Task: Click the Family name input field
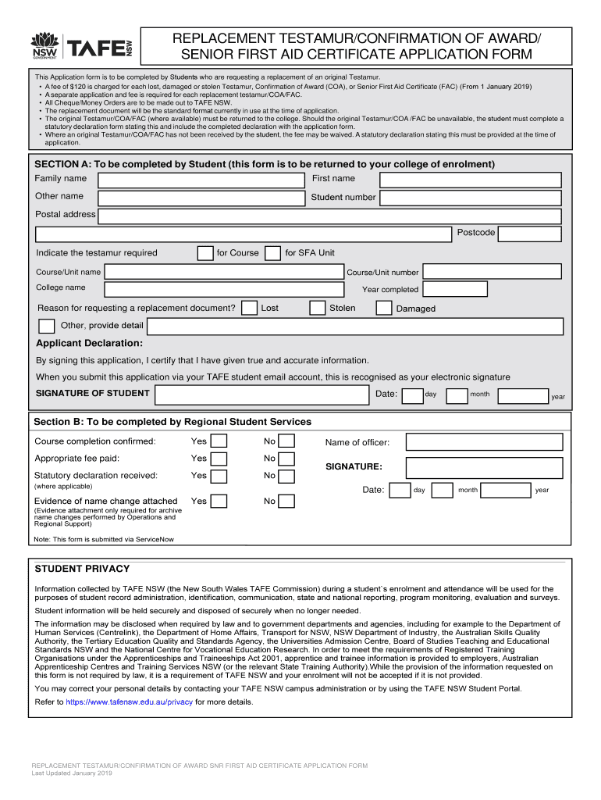(x=201, y=179)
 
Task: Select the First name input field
(x=470, y=179)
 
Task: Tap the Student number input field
(x=470, y=197)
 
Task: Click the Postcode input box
(x=530, y=234)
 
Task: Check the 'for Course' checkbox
(x=205, y=253)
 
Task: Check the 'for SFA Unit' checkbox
(x=273, y=253)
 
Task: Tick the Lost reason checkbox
(x=250, y=308)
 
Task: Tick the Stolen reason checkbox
(x=318, y=308)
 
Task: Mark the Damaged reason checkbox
(x=384, y=308)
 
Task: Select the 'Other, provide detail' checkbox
(x=47, y=326)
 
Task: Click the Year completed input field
(x=454, y=289)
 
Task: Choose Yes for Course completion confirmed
(x=219, y=442)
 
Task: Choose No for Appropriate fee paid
(x=287, y=459)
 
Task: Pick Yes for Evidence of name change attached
(x=219, y=502)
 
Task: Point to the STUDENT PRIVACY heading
(x=82, y=569)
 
